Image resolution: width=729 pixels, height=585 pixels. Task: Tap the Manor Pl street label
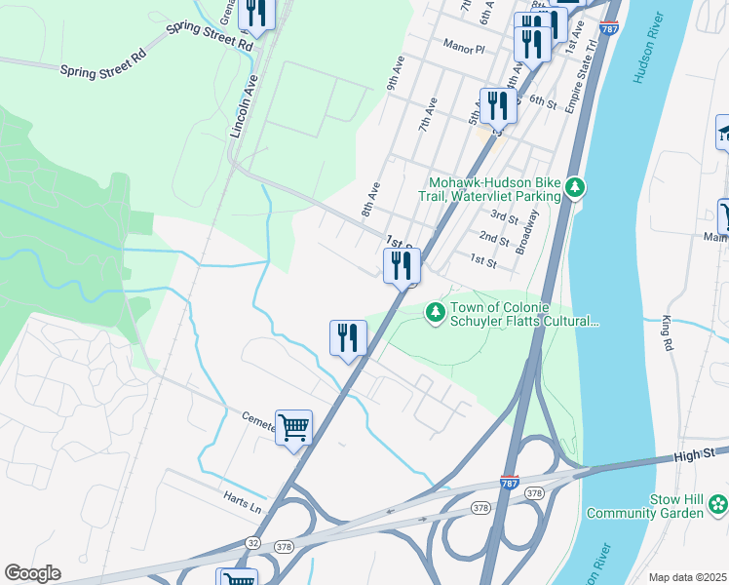pos(463,47)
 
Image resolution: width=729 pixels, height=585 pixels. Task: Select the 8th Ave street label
pos(369,198)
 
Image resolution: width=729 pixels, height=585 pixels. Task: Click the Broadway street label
pos(527,232)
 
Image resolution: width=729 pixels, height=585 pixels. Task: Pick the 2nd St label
pos(494,238)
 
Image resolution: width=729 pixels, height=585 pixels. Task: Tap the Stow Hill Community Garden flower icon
pos(717,504)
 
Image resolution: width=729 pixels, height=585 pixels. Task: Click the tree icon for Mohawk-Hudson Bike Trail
pos(576,185)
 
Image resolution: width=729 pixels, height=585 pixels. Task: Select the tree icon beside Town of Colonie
pos(435,312)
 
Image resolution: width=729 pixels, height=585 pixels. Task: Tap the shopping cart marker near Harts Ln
pos(293,427)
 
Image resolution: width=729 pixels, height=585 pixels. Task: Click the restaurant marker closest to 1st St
pos(402,265)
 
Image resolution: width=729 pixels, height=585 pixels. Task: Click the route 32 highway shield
pos(251,541)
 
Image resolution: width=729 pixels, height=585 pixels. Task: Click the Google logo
pos(32,573)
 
